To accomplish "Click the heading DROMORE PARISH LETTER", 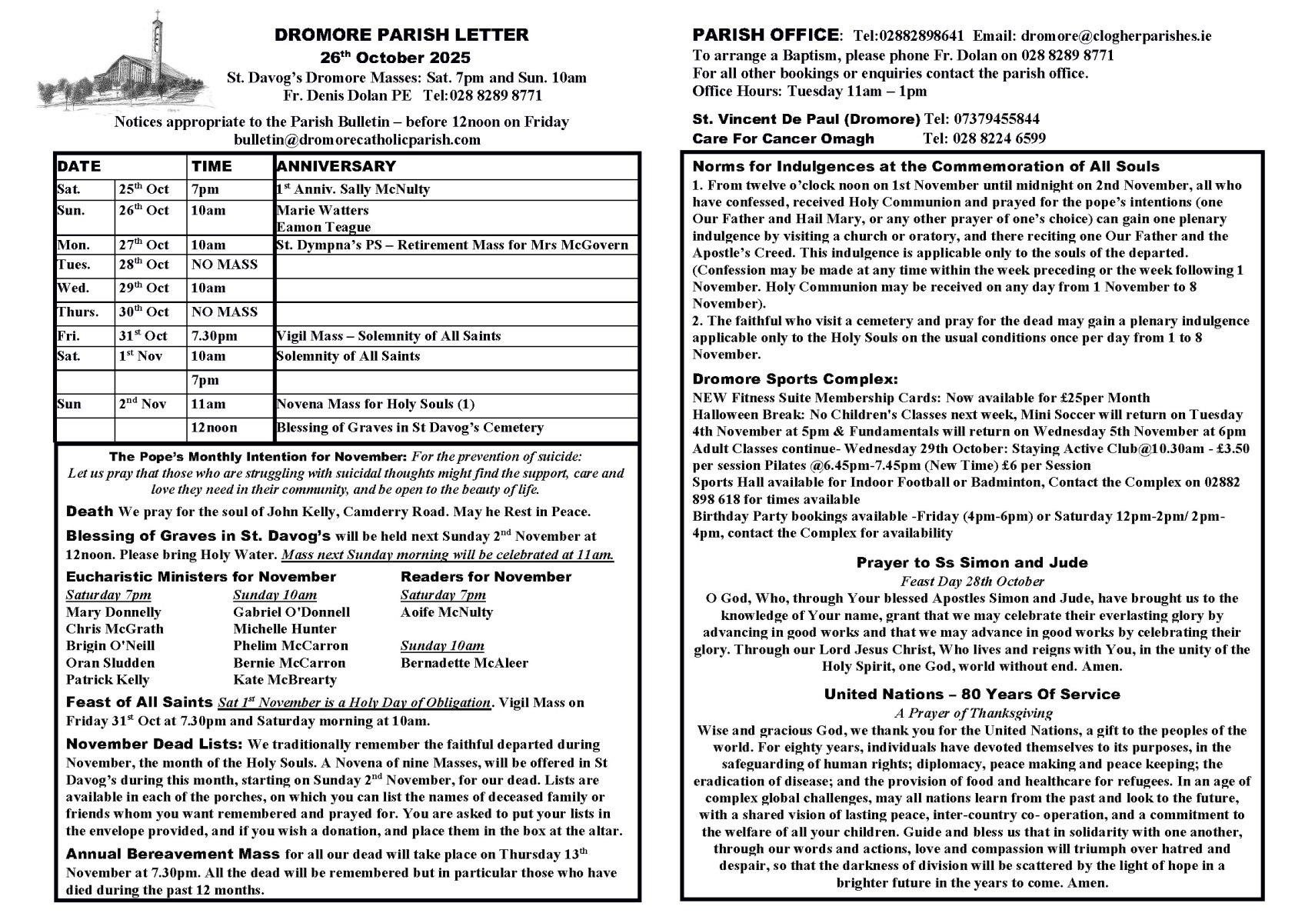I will (x=401, y=35).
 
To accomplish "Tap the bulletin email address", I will (x=357, y=139).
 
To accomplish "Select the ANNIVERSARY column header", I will (x=336, y=166).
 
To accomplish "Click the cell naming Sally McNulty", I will (x=353, y=189).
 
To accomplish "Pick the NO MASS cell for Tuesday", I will (x=225, y=265).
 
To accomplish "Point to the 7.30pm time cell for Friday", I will (x=215, y=336).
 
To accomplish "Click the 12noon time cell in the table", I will (x=215, y=428).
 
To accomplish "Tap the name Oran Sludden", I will (x=110, y=663).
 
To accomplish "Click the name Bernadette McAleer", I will (x=464, y=663).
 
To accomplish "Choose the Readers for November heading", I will (x=486, y=577).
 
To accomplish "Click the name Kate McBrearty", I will (x=285, y=680).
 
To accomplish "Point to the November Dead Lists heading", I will (x=155, y=745).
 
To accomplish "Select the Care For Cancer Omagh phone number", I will (x=984, y=139).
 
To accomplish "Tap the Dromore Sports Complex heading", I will (x=795, y=379).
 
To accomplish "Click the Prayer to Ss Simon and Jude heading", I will (x=972, y=563).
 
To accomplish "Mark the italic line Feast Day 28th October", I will (x=972, y=581).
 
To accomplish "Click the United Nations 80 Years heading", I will (x=972, y=695).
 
